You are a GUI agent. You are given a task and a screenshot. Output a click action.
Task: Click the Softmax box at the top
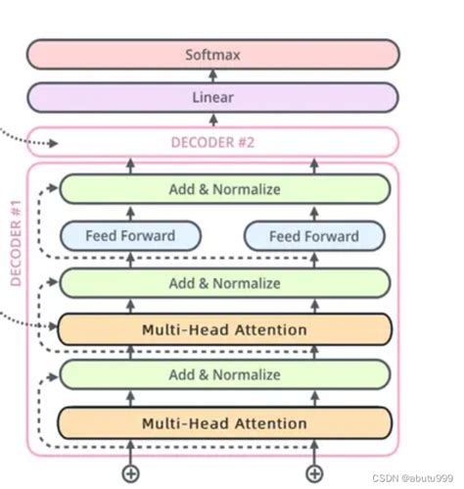[x=212, y=54]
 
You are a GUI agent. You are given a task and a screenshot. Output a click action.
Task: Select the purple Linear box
[x=212, y=98]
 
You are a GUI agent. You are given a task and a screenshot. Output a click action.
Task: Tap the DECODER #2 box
[x=212, y=142]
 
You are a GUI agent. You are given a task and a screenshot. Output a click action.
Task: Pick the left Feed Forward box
[x=130, y=236]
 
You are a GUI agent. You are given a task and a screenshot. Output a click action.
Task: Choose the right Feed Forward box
[x=314, y=236]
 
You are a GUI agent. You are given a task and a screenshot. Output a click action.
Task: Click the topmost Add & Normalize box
[x=224, y=189]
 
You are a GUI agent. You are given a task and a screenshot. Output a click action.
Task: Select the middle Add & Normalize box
[x=224, y=283]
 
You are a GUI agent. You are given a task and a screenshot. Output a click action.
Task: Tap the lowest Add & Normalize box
[x=224, y=374]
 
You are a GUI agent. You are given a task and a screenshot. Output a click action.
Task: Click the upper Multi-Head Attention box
[x=224, y=329]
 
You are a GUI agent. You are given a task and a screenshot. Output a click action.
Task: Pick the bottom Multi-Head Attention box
[x=224, y=423]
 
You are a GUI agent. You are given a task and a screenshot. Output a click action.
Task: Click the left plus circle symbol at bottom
[x=130, y=474]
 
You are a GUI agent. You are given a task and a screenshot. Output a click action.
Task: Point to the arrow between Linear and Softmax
[x=212, y=76]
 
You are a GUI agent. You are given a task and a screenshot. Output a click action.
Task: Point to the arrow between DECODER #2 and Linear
[x=212, y=121]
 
